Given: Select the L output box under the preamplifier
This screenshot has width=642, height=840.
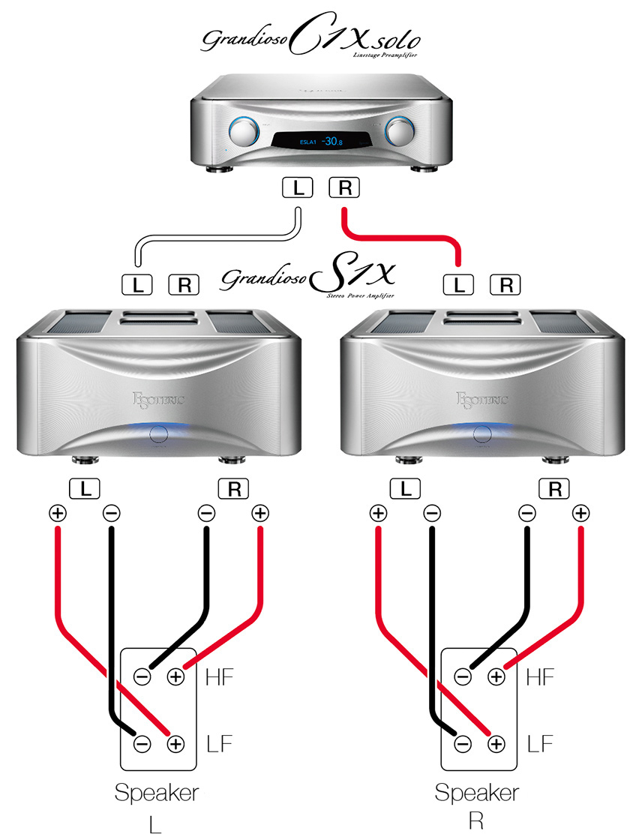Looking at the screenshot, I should (298, 187).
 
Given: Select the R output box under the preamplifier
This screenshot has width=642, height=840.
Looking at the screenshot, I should (344, 187).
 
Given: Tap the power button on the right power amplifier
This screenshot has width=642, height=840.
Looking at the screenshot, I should (481, 433).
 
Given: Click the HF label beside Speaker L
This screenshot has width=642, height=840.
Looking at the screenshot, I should (219, 676).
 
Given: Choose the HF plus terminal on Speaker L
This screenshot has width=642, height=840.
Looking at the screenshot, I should (175, 676).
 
